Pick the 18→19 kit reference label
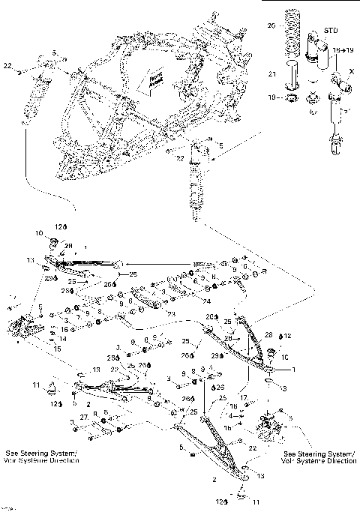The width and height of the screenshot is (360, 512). pyautogui.click(x=344, y=49)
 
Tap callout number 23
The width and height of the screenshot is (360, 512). pyautogui.click(x=170, y=313)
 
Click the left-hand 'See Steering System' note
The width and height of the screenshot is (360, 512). pyautogui.click(x=39, y=457)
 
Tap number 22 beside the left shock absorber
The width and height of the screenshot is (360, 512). pyautogui.click(x=7, y=67)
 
